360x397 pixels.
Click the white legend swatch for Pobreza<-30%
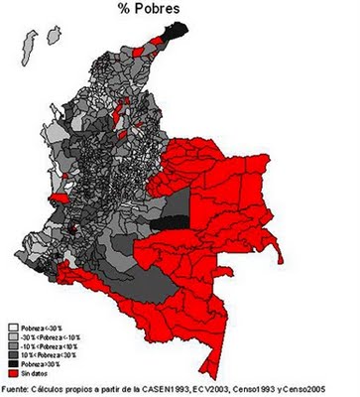tap(12, 325)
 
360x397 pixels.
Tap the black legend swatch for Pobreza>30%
tap(12, 363)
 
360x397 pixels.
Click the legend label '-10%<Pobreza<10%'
tap(48, 344)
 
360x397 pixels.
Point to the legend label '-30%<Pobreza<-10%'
tap(49, 334)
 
